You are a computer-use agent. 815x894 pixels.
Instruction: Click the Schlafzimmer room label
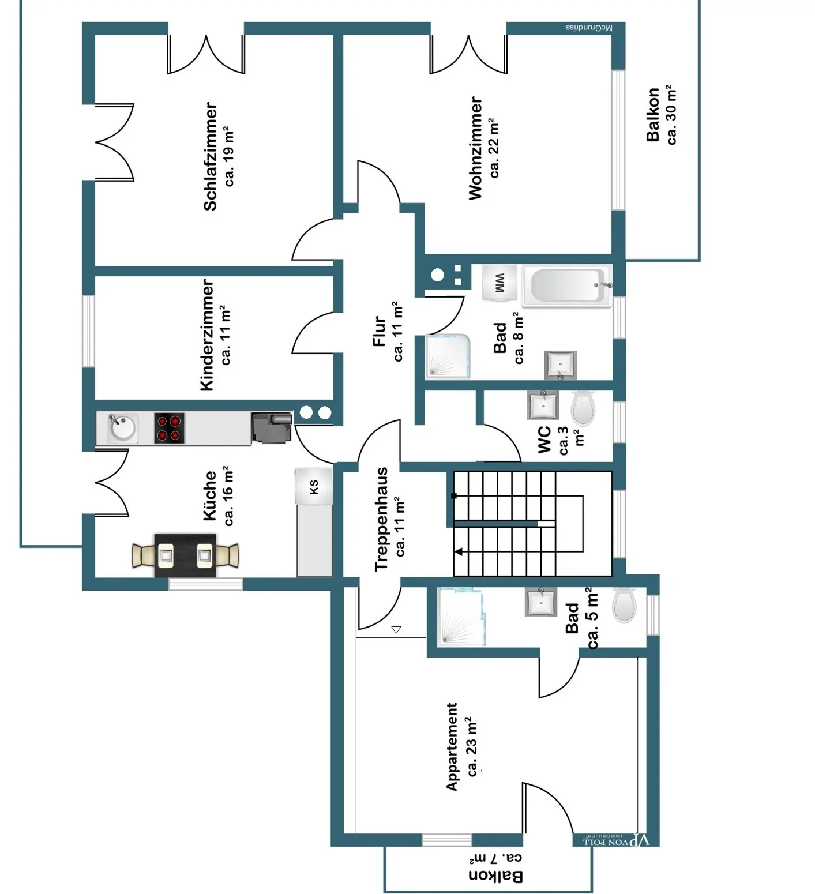211,156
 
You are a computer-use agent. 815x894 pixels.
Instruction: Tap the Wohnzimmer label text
475,148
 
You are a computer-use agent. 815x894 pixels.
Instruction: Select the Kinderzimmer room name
207,335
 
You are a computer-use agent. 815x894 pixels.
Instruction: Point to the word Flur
379,330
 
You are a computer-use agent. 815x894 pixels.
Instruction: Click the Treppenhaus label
381,519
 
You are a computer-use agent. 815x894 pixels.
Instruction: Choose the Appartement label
452,746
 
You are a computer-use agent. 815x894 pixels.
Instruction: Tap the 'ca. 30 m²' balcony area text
671,114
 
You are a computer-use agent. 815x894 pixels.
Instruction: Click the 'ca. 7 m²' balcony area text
495,859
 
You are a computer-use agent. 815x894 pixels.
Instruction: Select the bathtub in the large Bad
566,286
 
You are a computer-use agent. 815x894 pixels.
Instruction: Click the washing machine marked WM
499,283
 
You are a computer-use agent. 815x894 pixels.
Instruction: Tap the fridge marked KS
314,486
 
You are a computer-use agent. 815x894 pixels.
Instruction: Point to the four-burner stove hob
169,428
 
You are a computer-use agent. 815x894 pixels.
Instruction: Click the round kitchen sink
122,427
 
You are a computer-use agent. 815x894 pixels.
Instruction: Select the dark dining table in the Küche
185,555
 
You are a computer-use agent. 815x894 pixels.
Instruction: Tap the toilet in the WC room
583,407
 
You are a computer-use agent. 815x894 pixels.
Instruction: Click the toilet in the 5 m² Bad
624,605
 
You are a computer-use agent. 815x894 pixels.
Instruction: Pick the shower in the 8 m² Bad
448,356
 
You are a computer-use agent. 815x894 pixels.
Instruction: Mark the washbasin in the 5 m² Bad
540,602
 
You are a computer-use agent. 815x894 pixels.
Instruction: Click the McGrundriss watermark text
588,28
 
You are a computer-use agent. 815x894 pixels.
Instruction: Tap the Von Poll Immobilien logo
615,840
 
